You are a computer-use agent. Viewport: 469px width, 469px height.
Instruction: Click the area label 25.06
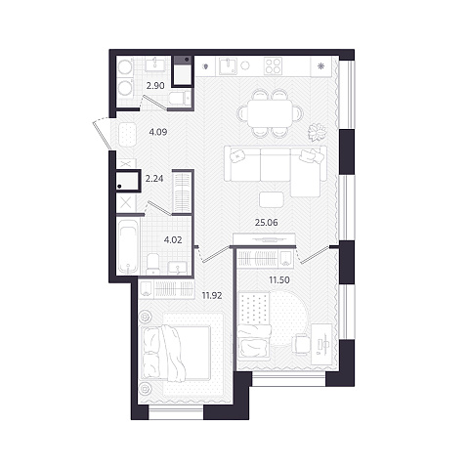[x=267, y=223]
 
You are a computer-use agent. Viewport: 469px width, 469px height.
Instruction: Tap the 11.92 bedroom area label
[x=212, y=296]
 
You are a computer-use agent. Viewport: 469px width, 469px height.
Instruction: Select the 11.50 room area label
[x=279, y=279]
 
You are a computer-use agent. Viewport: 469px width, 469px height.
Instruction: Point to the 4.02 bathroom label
[x=173, y=240]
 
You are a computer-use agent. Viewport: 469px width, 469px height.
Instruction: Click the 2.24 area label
[x=154, y=179]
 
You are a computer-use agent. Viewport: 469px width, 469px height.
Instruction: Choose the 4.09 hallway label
[x=158, y=132]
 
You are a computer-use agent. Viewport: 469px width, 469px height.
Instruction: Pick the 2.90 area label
[x=155, y=86]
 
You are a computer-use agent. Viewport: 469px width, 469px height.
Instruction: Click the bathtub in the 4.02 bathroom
[x=128, y=246]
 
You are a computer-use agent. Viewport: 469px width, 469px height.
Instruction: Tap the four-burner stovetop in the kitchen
[x=273, y=66]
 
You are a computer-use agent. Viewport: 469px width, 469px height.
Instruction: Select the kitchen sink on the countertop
[x=228, y=66]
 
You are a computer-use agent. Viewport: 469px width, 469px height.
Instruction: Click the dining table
[x=270, y=113]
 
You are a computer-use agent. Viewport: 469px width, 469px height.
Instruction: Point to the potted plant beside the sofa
[x=317, y=133]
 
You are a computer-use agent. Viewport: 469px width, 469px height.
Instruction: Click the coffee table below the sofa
[x=272, y=200]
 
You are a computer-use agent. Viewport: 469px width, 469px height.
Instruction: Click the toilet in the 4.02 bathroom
[x=152, y=263]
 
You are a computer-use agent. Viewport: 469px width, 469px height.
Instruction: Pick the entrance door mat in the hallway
[x=128, y=135]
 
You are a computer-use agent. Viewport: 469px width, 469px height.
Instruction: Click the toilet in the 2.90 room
[x=180, y=98]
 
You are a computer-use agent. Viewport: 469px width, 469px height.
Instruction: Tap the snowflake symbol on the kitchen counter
[x=320, y=66]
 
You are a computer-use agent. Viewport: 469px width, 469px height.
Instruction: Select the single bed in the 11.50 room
[x=254, y=325]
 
